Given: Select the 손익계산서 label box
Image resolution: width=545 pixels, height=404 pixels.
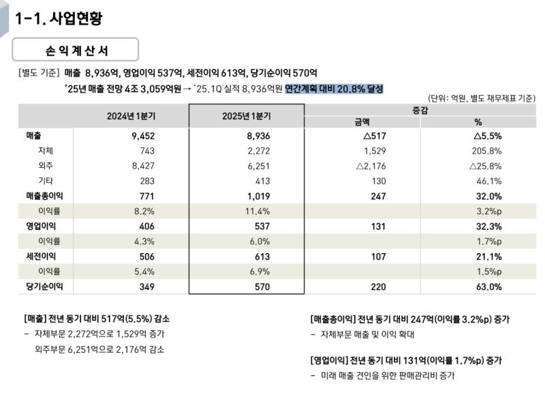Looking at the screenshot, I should tap(76, 50).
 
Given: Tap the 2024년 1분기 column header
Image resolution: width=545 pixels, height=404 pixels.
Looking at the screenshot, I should tap(129, 115).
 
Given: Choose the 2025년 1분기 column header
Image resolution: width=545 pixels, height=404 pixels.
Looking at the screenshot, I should tap(246, 115).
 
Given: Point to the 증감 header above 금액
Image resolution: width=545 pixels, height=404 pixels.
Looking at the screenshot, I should tap(420, 109).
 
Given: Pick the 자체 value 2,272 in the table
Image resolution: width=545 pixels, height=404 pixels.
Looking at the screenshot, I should tap(258, 151).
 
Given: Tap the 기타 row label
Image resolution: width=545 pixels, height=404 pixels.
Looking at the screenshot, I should tap(46, 181).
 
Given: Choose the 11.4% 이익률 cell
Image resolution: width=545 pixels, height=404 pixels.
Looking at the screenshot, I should tap(258, 211).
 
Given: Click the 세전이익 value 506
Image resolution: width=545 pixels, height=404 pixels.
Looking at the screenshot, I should tap(146, 256).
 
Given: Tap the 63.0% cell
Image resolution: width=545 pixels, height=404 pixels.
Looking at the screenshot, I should tap(488, 287).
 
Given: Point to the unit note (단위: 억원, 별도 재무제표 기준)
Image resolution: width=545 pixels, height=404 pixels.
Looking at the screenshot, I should tap(482, 98).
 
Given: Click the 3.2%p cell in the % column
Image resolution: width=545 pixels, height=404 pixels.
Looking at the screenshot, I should tap(488, 211).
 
